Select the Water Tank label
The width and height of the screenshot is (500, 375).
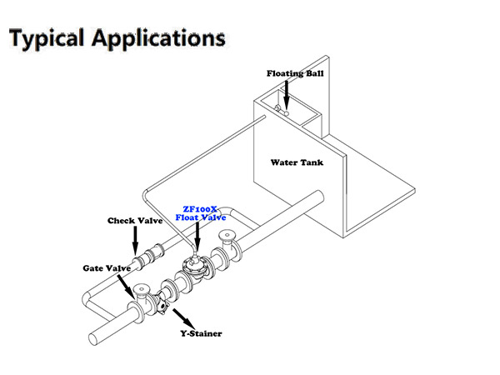point(297,162)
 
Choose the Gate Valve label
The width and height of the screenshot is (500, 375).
point(106,268)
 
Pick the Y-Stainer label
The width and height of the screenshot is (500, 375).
point(199,333)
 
